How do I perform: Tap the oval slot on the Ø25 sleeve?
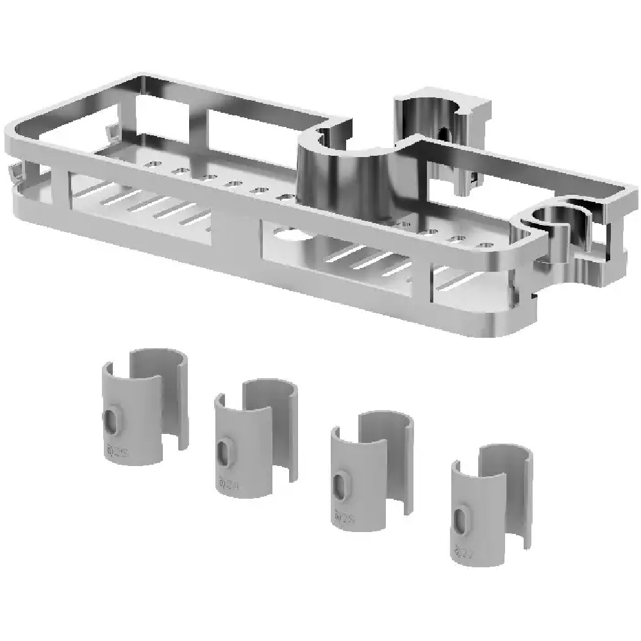tap(112, 420)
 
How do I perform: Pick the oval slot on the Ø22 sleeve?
tap(460, 517)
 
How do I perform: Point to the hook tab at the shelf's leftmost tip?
tap(13, 172)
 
